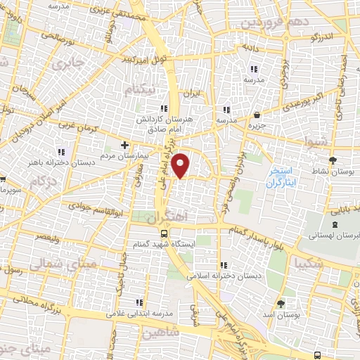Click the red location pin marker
point(181,165)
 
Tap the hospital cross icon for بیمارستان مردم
point(124,145)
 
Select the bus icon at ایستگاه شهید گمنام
point(163,234)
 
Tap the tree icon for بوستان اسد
point(281,303)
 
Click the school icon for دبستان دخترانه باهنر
point(61,151)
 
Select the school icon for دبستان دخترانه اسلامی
point(224,265)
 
